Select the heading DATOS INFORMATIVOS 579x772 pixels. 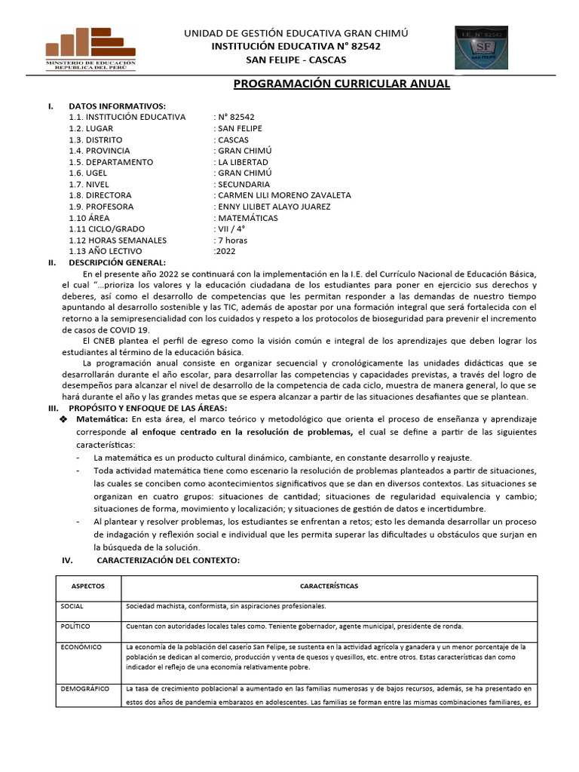click(x=117, y=106)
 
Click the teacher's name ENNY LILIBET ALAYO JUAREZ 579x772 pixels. click(x=283, y=207)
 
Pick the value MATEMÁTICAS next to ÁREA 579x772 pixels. click(x=247, y=218)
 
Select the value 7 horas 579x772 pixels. click(x=232, y=240)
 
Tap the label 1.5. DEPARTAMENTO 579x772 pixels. click(x=110, y=162)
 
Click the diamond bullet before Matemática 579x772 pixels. click(x=63, y=418)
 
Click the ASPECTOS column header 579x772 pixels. click(x=88, y=586)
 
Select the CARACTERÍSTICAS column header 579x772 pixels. click(x=329, y=586)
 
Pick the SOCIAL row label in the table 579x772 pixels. click(x=73, y=605)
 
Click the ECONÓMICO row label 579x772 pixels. click(x=78, y=647)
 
